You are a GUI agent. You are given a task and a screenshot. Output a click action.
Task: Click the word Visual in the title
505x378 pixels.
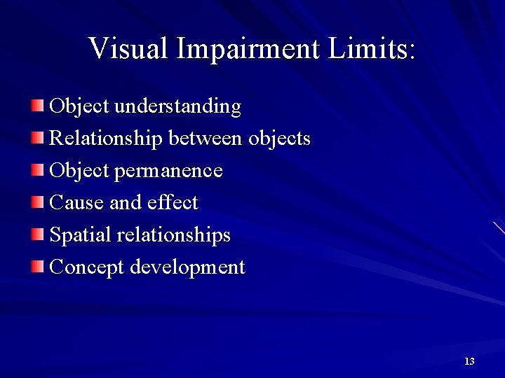[x=129, y=49]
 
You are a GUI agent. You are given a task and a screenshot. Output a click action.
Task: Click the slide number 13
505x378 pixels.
[x=469, y=361]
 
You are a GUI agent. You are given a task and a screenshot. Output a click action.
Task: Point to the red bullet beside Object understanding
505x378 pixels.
[x=37, y=106]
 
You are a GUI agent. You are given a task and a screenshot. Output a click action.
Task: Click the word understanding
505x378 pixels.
[x=177, y=106]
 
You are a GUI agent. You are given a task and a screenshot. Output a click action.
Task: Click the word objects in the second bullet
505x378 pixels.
[x=279, y=139]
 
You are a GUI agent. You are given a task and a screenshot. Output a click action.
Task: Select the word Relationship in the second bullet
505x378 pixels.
[x=106, y=139]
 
